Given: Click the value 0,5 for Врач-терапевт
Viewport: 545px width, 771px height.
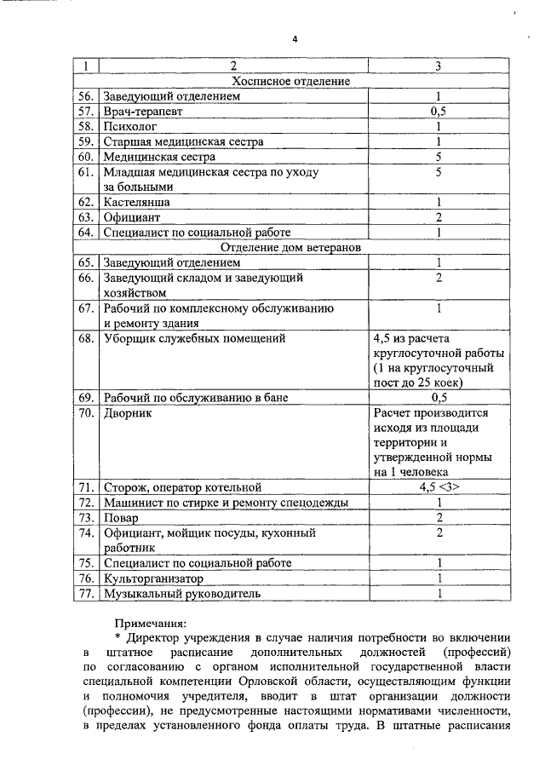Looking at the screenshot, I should pos(439,111).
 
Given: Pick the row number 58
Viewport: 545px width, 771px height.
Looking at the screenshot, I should pos(84,126).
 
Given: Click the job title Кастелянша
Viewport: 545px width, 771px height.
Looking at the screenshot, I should pos(136,202).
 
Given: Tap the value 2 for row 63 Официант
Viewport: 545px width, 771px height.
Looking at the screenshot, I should pos(439,217).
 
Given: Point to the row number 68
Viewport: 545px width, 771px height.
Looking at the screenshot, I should pos(84,338).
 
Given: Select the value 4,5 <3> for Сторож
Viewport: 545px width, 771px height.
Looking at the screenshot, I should pos(439,487).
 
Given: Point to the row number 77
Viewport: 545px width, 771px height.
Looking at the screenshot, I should pos(84,594).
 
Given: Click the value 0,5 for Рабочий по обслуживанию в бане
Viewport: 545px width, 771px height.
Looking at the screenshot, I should pos(439,397).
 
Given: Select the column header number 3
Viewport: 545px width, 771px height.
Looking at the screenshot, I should pos(439,66).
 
